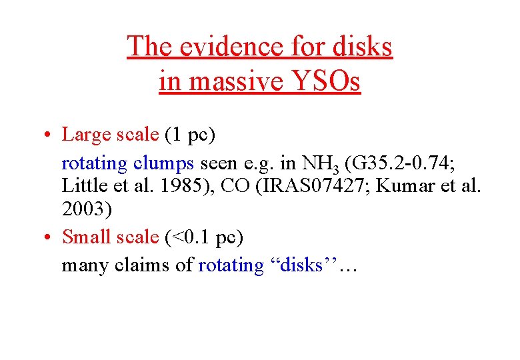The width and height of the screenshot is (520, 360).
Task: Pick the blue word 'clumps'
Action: [163, 162]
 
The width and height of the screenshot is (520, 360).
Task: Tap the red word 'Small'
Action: [87, 237]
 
